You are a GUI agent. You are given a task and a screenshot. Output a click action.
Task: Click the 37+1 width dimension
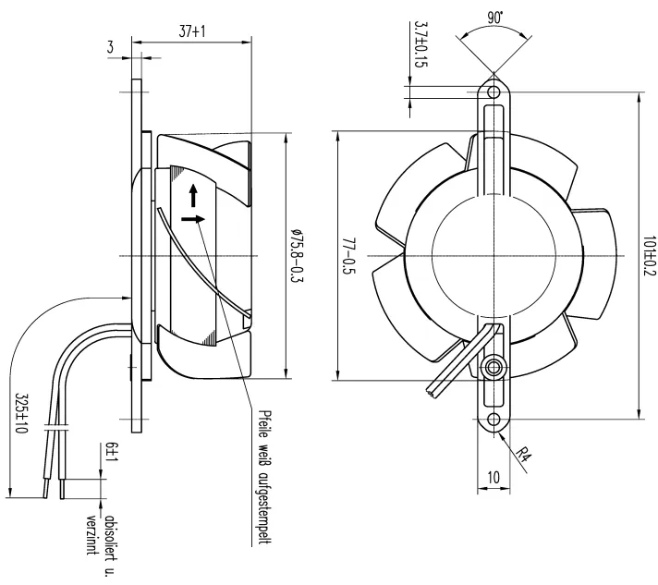coord(192,31)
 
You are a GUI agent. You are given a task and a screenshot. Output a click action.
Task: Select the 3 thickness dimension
coord(110,46)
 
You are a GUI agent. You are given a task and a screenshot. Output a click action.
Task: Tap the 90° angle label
coord(495,18)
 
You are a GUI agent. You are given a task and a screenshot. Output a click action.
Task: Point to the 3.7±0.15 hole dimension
coord(420,44)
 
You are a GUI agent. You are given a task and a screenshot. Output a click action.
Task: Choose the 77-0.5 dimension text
coord(349,256)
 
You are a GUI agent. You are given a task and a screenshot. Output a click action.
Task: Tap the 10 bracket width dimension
coord(493,477)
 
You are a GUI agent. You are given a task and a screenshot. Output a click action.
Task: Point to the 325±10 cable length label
coord(21,413)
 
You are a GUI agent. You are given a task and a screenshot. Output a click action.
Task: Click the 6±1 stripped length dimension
coord(113,453)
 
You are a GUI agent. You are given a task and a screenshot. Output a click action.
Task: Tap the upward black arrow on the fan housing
coord(193,195)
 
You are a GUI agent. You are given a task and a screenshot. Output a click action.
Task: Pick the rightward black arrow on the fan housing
coord(193,219)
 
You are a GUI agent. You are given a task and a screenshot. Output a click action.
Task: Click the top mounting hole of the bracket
coord(493,91)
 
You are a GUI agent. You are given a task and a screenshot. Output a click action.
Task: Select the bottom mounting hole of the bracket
coord(493,419)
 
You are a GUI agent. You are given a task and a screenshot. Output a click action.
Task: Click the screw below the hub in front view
coord(493,368)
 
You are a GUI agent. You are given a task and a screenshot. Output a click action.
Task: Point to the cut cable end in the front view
coord(433,393)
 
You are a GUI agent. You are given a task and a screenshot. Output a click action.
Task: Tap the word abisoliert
coord(110,545)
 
